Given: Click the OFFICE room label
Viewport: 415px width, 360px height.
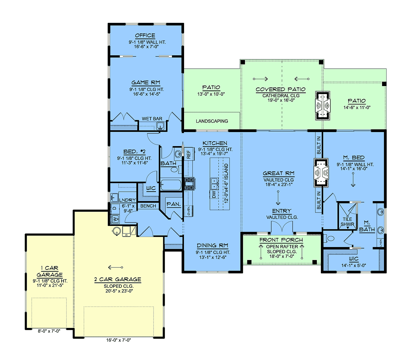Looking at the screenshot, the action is tap(145, 36).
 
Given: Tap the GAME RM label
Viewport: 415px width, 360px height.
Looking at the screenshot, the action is tap(146, 83).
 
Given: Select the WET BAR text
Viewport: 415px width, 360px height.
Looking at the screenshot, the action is tap(152, 119).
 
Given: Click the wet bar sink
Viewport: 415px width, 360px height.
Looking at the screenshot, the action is tap(160, 126).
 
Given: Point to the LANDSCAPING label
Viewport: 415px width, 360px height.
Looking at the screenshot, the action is tap(212, 121).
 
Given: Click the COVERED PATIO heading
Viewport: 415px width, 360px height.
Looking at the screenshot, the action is tap(280, 89).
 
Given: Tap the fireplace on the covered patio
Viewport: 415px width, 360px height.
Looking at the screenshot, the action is tap(323, 106).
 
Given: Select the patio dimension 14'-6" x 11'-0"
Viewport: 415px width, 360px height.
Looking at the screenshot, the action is tap(357, 107).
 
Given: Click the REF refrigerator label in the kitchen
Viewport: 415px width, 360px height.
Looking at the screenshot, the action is tap(188, 154).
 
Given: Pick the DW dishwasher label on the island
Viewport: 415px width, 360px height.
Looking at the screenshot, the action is tap(214, 195).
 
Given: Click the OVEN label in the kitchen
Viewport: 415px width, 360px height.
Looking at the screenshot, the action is tap(188, 211).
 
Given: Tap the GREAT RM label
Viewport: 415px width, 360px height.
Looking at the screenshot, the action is tap(278, 173).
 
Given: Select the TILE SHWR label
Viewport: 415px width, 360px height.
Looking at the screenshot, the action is tap(348, 222).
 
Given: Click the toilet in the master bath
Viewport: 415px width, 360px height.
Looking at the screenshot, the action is tap(329, 238).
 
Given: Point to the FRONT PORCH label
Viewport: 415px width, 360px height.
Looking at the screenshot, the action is tap(281, 240).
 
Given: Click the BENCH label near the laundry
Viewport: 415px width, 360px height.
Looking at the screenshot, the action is tap(148, 206).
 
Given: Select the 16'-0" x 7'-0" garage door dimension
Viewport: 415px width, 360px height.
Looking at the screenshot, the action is tap(119, 340).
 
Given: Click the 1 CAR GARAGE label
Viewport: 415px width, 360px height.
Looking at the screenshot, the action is tap(50, 271).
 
